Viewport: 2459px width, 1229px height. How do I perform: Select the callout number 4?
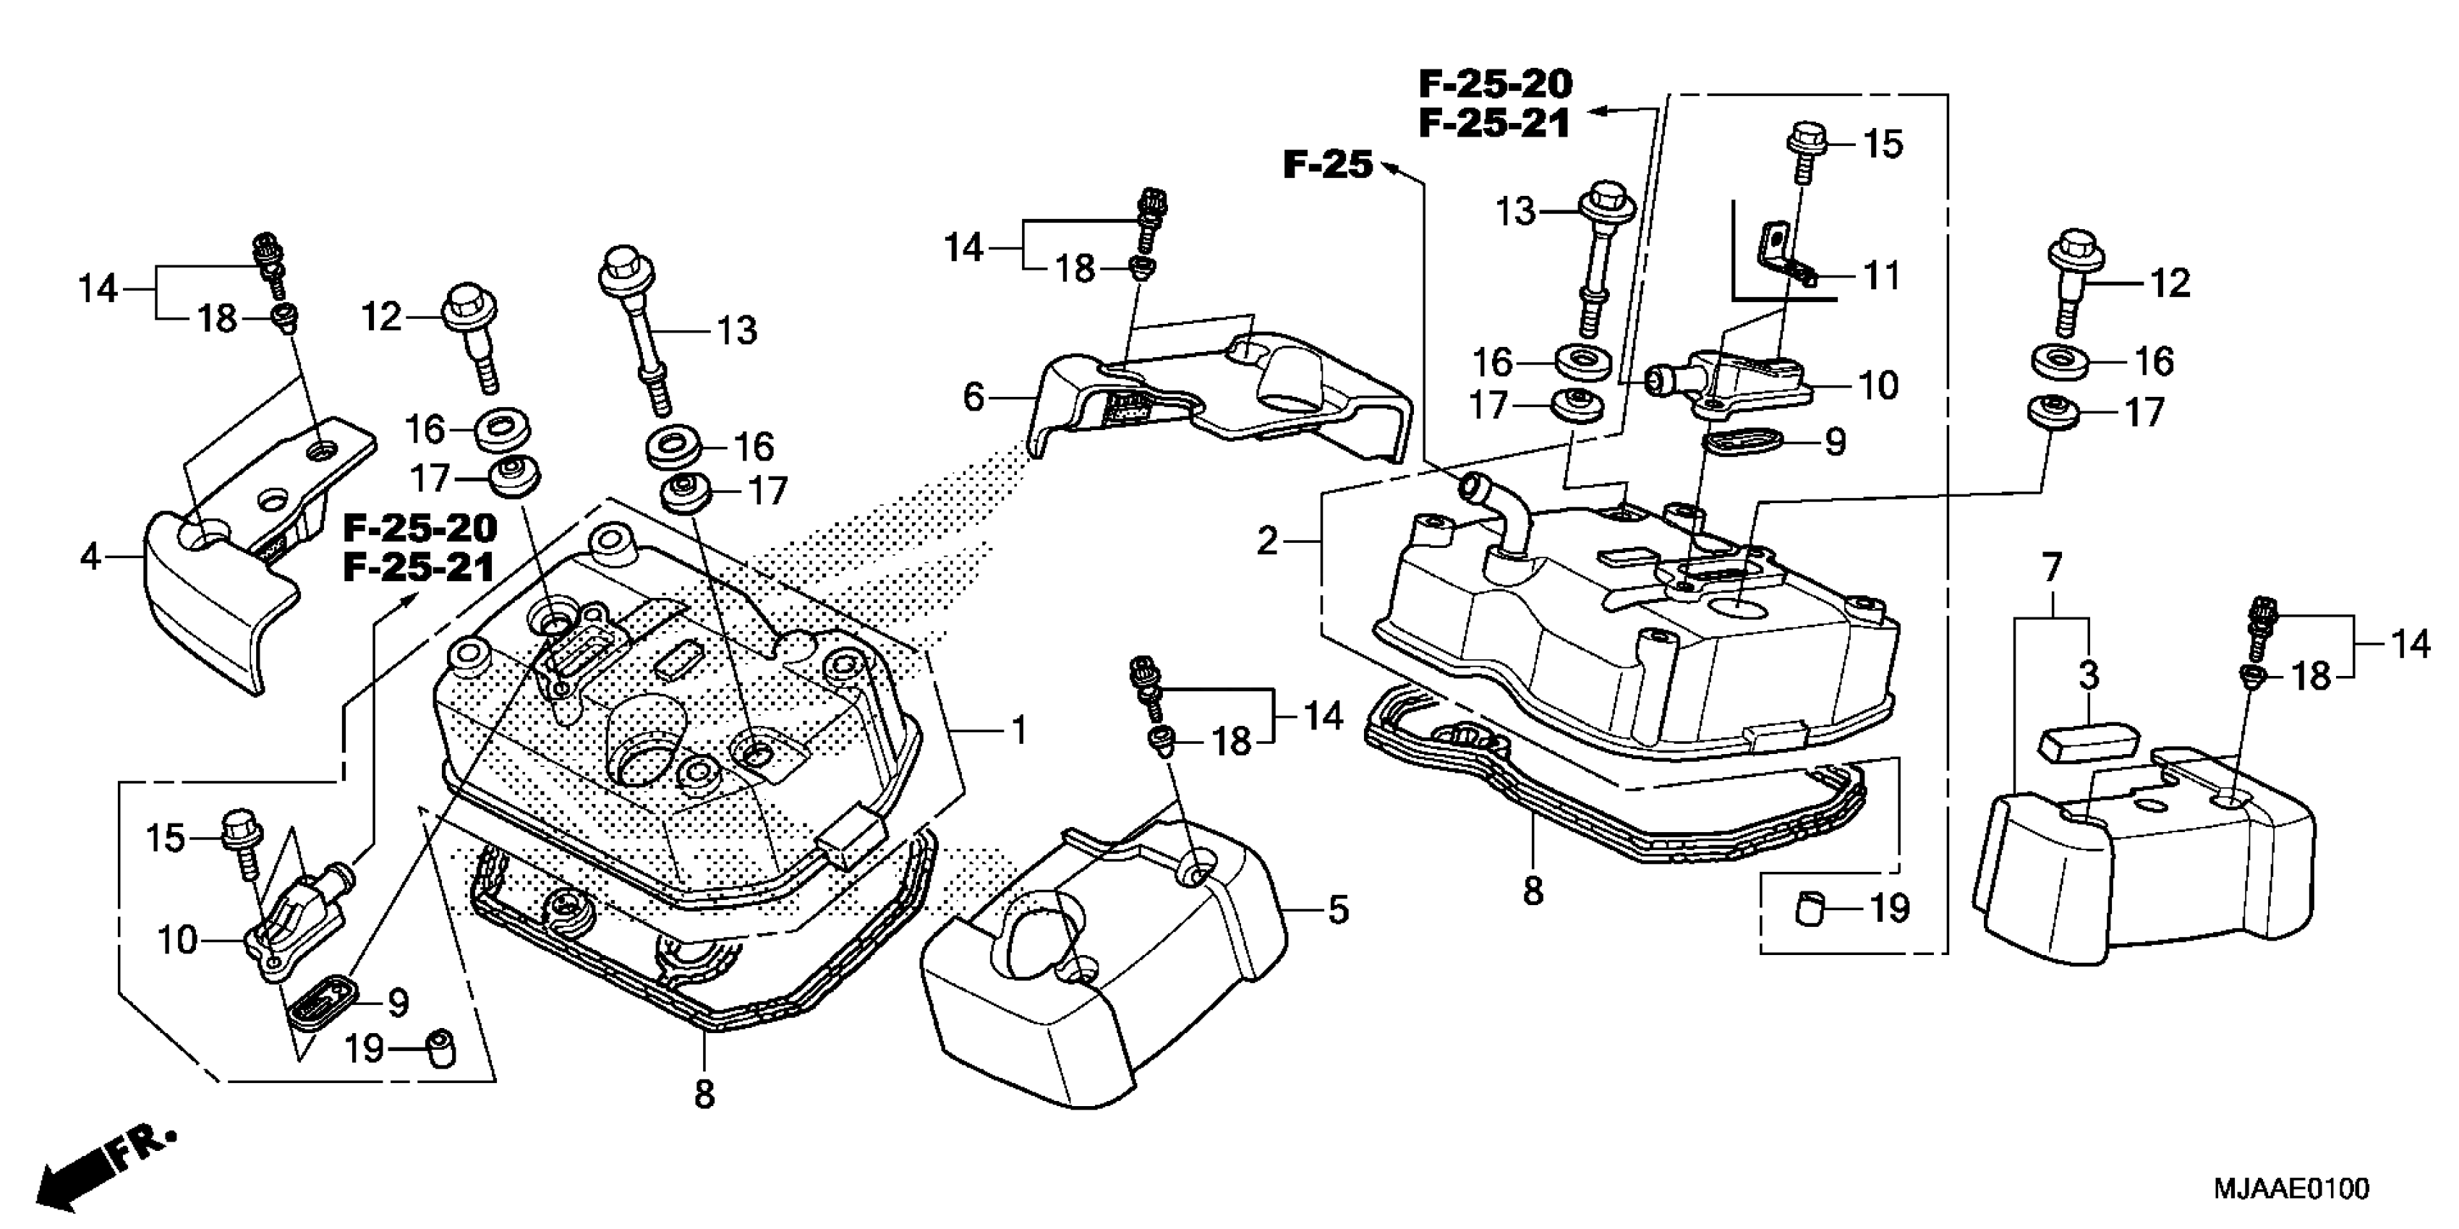tap(90, 555)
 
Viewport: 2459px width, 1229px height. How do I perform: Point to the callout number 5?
tap(1338, 910)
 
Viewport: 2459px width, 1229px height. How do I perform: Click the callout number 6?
tap(973, 396)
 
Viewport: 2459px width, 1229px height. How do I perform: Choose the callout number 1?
tap(1020, 731)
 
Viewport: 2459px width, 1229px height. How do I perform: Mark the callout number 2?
tap(1266, 542)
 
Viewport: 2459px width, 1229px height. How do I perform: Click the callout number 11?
tap(1883, 277)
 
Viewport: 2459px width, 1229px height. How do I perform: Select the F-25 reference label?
tap(1327, 165)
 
